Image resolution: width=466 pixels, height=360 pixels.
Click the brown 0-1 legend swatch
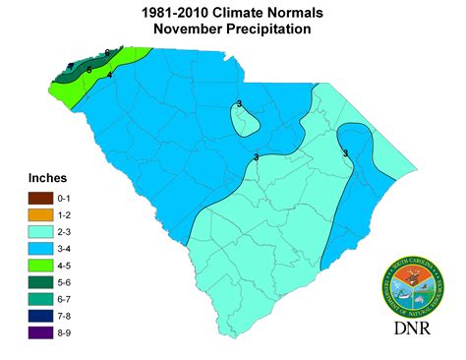(x=40, y=199)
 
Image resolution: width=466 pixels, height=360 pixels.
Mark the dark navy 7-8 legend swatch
(x=40, y=317)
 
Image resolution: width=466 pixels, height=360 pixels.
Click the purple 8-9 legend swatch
(x=40, y=333)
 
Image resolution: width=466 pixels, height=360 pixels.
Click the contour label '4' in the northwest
(x=110, y=75)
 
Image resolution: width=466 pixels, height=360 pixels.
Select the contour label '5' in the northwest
(x=88, y=70)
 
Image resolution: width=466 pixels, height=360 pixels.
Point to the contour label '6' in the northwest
(x=107, y=51)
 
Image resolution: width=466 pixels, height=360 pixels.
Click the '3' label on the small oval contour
(x=239, y=103)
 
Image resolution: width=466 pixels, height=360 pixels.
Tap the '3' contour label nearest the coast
(x=346, y=152)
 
